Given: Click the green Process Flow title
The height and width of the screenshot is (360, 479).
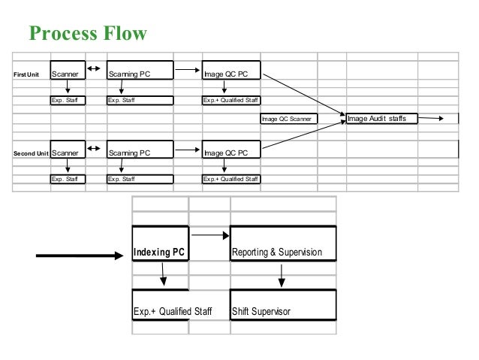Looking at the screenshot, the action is pyautogui.click(x=88, y=33).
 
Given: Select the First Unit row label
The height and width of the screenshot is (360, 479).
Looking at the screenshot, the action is pyautogui.click(x=26, y=74).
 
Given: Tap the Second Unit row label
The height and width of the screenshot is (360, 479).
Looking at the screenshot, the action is pyautogui.click(x=31, y=153).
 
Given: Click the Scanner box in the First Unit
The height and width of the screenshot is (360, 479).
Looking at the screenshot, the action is pyautogui.click(x=68, y=70).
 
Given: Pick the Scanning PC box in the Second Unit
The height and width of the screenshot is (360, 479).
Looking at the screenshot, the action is pyautogui.click(x=140, y=150).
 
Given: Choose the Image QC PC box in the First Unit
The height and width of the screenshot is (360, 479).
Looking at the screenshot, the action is pyautogui.click(x=231, y=70).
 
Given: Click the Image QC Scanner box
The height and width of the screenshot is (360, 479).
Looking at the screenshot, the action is pyautogui.click(x=289, y=119).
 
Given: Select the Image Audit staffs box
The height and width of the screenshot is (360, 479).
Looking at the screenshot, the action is pyautogui.click(x=382, y=118).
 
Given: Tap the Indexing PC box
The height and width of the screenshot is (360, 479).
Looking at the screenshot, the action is pyautogui.click(x=161, y=244).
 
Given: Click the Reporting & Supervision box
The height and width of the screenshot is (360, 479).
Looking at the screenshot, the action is pyautogui.click(x=283, y=244).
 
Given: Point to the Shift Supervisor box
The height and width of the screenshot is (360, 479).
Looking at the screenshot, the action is pyautogui.click(x=283, y=304).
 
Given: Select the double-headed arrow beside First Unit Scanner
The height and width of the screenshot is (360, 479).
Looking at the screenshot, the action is pyautogui.click(x=94, y=68).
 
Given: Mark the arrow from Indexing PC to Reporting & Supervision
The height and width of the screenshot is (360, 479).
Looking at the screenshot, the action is pyautogui.click(x=210, y=235).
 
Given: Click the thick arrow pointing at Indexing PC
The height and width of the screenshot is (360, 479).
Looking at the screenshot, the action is pyautogui.click(x=80, y=256).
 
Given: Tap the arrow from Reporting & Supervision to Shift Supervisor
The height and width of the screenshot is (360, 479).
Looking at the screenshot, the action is pyautogui.click(x=282, y=276).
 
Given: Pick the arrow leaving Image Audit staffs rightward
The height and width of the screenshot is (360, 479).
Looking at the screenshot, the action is pyautogui.click(x=430, y=118).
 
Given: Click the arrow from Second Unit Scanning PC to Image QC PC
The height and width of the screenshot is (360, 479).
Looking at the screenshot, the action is pyautogui.click(x=187, y=150).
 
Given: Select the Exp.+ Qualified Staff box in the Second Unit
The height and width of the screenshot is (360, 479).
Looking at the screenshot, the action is pyautogui.click(x=231, y=179).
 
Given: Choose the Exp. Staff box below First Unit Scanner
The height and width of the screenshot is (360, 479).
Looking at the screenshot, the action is pyautogui.click(x=68, y=100).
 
